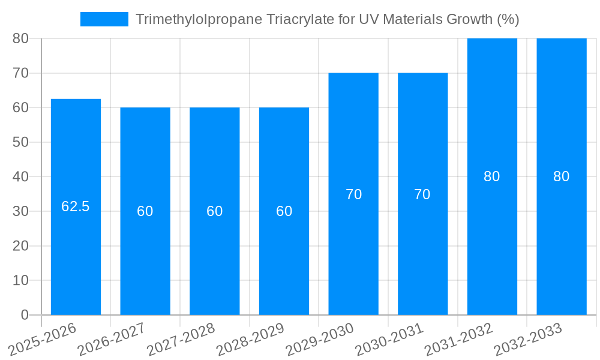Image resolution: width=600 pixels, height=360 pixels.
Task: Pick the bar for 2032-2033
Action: [x=562, y=240]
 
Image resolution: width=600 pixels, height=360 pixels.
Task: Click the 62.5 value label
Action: [x=76, y=206]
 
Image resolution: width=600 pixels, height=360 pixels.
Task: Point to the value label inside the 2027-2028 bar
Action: [x=215, y=211]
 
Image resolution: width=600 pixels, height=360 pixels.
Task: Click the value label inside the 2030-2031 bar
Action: [x=422, y=194]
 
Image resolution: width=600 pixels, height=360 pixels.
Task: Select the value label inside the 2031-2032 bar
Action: [x=492, y=176]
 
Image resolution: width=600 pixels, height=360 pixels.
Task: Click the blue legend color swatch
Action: [x=104, y=19]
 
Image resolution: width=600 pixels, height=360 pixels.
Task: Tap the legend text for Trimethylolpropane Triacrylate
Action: [x=327, y=19]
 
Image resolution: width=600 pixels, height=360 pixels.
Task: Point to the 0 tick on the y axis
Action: [x=25, y=315]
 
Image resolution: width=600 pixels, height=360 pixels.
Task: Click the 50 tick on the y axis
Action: [x=21, y=142]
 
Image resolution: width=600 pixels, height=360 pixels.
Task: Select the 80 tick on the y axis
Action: [x=21, y=38]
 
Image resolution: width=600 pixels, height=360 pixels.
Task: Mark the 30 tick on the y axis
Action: [x=21, y=211]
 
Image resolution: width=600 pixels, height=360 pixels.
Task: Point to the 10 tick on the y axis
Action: [x=21, y=280]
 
